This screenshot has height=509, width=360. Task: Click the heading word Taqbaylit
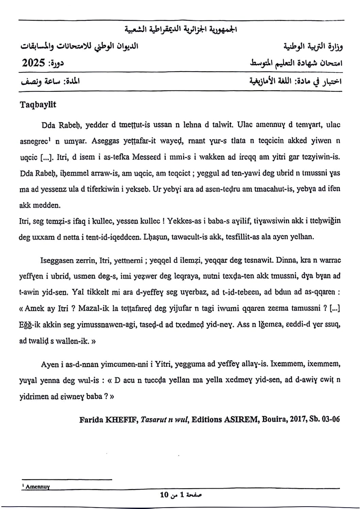pos(38,105)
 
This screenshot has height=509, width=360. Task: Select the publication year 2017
pos(297,419)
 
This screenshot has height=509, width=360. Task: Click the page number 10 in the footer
pos(164,494)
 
